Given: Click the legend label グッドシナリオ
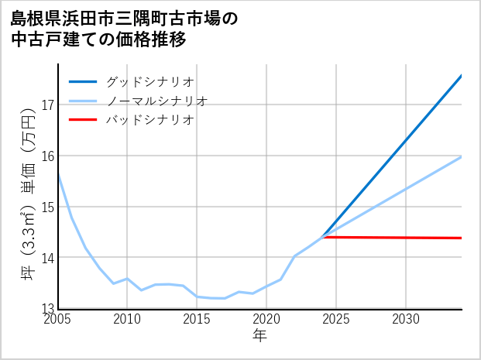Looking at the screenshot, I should pyautogui.click(x=149, y=81).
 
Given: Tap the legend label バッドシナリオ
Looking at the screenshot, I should pyautogui.click(x=149, y=120).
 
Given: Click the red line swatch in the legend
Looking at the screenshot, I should pyautogui.click(x=83, y=120).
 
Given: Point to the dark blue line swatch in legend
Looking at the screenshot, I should pyautogui.click(x=83, y=81).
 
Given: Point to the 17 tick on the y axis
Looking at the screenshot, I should pyautogui.click(x=47, y=105).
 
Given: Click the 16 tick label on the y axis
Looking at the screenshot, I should pyautogui.click(x=47, y=156).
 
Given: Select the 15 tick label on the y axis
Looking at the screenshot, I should pyautogui.click(x=47, y=207).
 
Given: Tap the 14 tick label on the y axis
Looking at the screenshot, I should pyautogui.click(x=47, y=257).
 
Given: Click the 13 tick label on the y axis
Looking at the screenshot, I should pyautogui.click(x=47, y=307).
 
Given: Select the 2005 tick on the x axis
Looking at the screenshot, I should pyautogui.click(x=58, y=319).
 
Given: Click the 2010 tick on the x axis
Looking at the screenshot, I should pyautogui.click(x=127, y=319).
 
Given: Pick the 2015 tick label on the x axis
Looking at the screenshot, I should pyautogui.click(x=197, y=319).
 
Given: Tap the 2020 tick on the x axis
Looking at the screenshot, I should pyautogui.click(x=266, y=319).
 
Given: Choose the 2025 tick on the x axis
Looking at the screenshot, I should pyautogui.click(x=336, y=319).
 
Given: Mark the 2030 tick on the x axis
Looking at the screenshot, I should pyautogui.click(x=406, y=319).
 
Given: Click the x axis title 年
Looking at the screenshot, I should pyautogui.click(x=259, y=335).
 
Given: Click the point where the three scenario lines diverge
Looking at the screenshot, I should pyautogui.click(x=322, y=237).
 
